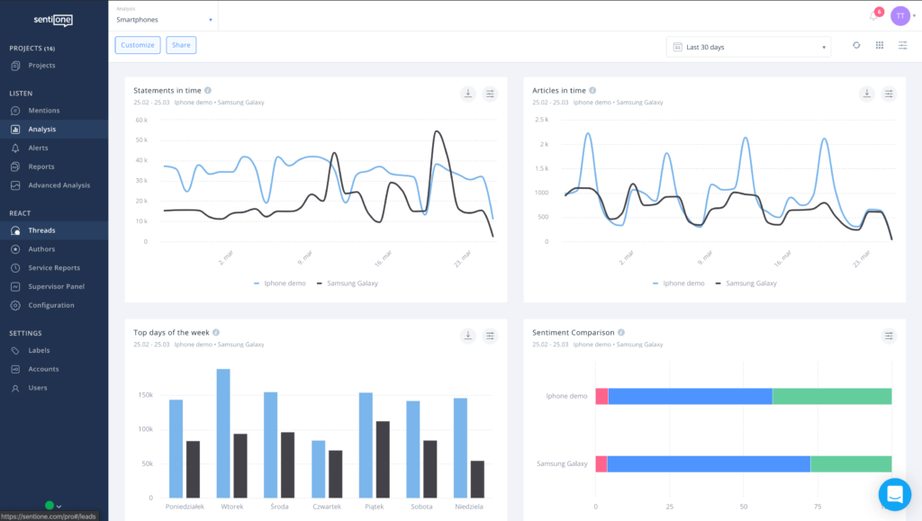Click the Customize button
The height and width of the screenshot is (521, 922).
click(138, 45)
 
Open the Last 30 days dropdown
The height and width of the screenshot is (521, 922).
click(748, 47)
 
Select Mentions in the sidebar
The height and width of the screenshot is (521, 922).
click(43, 111)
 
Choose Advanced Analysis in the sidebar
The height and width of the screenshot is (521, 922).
click(59, 185)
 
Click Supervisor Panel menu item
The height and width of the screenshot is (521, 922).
click(56, 286)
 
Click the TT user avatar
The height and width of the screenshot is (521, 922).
click(899, 16)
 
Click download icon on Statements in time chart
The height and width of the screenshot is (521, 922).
click(467, 94)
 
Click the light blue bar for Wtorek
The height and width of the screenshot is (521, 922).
click(222, 434)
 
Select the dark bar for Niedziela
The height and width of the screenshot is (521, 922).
click(477, 480)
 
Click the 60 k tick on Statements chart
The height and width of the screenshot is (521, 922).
click(141, 120)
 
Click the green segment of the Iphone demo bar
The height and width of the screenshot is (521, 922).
click(831, 396)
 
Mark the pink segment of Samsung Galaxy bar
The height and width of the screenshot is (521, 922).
click(601, 463)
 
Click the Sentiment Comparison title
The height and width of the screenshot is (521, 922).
click(574, 333)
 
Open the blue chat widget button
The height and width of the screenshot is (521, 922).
click(894, 494)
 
